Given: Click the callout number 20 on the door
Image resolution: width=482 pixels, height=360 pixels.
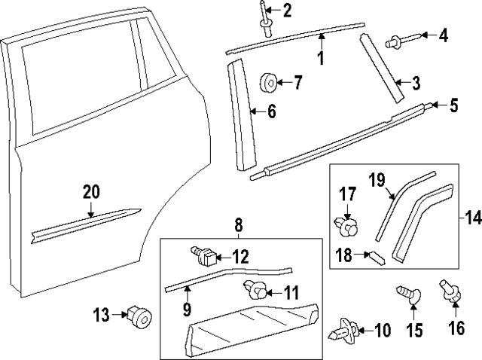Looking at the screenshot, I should [x=90, y=193].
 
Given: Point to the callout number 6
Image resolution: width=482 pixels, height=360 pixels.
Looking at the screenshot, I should [x=272, y=112].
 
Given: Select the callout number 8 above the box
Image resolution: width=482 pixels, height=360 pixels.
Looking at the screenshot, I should [x=238, y=224].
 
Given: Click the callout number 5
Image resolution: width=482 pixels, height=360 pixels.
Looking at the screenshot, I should [x=453, y=106].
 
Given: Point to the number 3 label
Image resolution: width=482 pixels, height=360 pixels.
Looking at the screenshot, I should [x=415, y=82].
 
